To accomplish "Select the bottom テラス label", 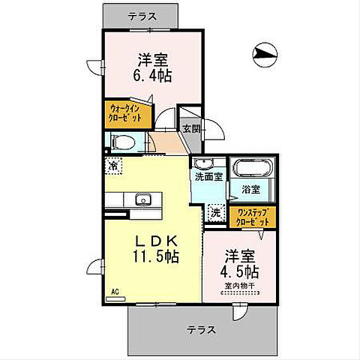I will (x=202, y=329).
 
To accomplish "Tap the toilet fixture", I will (x=122, y=141).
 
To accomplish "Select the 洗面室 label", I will (x=208, y=177).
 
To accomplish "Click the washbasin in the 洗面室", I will (x=204, y=164).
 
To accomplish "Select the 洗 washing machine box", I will (x=215, y=213).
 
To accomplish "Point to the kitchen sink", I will (x=140, y=199).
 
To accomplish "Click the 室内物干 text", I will (x=239, y=286).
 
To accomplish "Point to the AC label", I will (x=115, y=292).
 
